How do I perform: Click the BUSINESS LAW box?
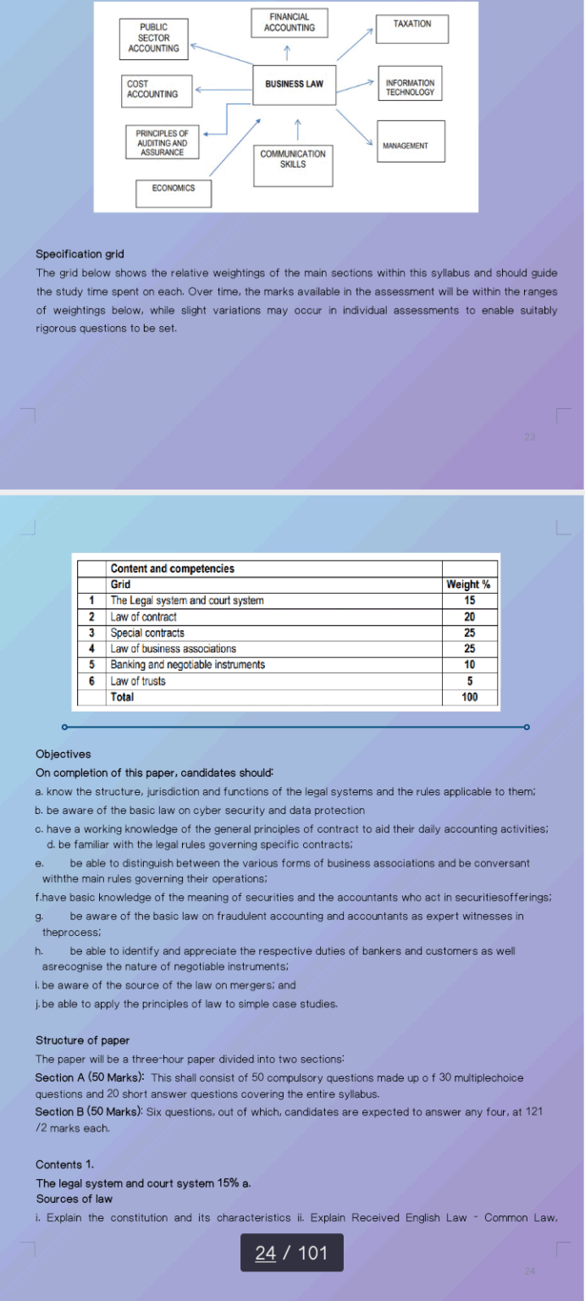[x=294, y=84]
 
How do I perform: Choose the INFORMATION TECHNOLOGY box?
[x=410, y=87]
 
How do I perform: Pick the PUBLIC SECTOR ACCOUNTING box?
[x=153, y=38]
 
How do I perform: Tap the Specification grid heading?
[x=80, y=254]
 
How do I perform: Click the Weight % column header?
[x=468, y=584]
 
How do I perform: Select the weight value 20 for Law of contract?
[x=469, y=617]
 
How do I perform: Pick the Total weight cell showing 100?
[x=469, y=697]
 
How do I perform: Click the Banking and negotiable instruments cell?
[x=187, y=665]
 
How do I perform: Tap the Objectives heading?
[x=63, y=754]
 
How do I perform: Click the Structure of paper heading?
[x=82, y=1040]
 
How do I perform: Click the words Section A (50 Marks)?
[x=89, y=1077]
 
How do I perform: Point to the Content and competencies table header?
[x=172, y=568]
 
